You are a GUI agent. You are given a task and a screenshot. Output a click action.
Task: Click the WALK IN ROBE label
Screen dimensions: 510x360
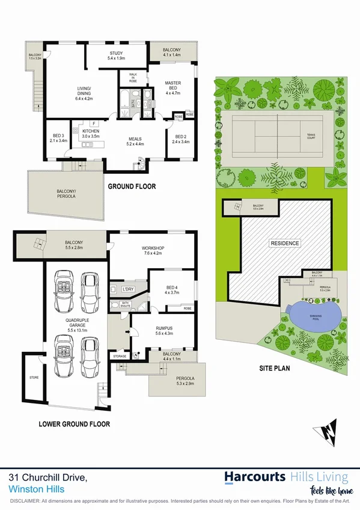tap(133, 77)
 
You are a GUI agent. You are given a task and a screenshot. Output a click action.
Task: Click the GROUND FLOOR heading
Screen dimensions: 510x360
tap(132, 186)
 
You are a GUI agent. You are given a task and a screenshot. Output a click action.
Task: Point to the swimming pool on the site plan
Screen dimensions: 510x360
tap(314, 315)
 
